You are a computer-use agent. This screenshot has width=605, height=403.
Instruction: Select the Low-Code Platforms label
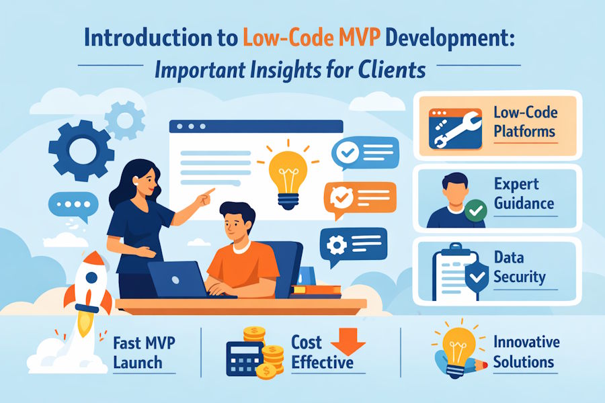pos(525,122)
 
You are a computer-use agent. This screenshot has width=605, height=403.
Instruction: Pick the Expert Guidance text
pos(524,194)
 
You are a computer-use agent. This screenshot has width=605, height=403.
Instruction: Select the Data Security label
pos(519,267)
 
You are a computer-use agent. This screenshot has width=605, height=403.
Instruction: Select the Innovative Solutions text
pos(526,351)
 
